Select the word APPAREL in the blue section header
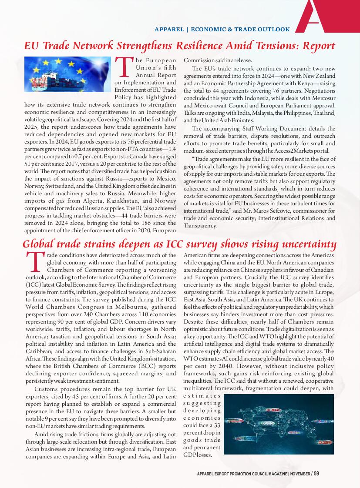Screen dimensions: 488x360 click(169, 30)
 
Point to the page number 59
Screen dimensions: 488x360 click(316, 474)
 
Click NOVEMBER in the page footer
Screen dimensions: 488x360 click(300, 474)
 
